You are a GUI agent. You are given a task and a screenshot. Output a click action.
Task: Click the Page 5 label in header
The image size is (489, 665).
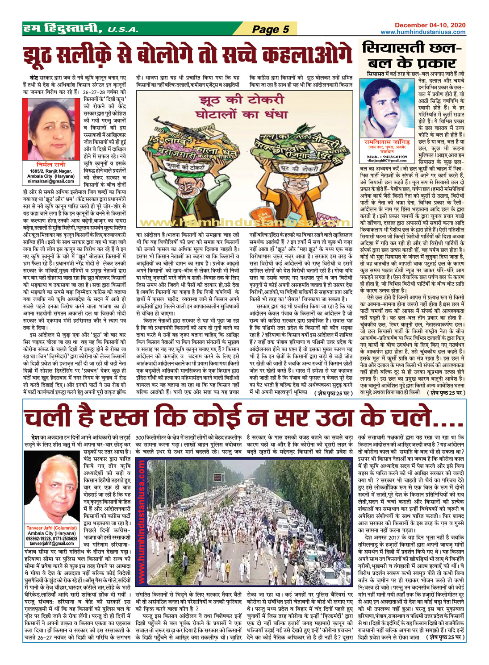[270, 29]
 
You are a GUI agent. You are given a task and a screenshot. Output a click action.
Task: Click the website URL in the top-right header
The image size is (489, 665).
[423, 32]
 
